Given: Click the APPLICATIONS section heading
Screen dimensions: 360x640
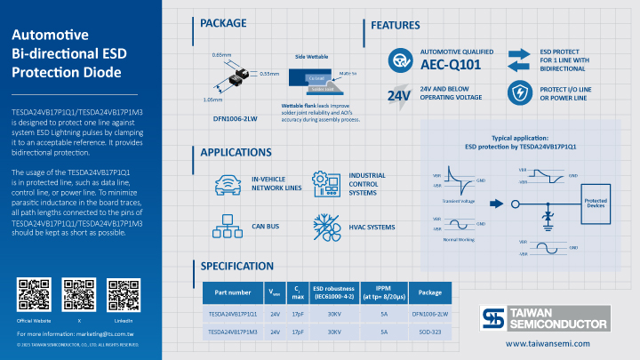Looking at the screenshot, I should [236, 153].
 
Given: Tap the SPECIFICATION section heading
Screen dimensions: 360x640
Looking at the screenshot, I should [236, 266].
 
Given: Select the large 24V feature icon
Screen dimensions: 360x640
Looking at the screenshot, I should [398, 94].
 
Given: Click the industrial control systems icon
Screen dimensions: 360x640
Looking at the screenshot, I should [326, 184].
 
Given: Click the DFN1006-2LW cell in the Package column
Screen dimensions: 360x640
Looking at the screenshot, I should [430, 314].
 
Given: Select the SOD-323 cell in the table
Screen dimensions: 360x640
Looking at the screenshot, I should [430, 332].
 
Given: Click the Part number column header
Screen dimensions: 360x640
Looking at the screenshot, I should [233, 292].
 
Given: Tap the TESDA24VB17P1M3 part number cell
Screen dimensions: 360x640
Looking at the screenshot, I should [233, 332].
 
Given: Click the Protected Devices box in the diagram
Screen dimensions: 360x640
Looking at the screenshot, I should [596, 203].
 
